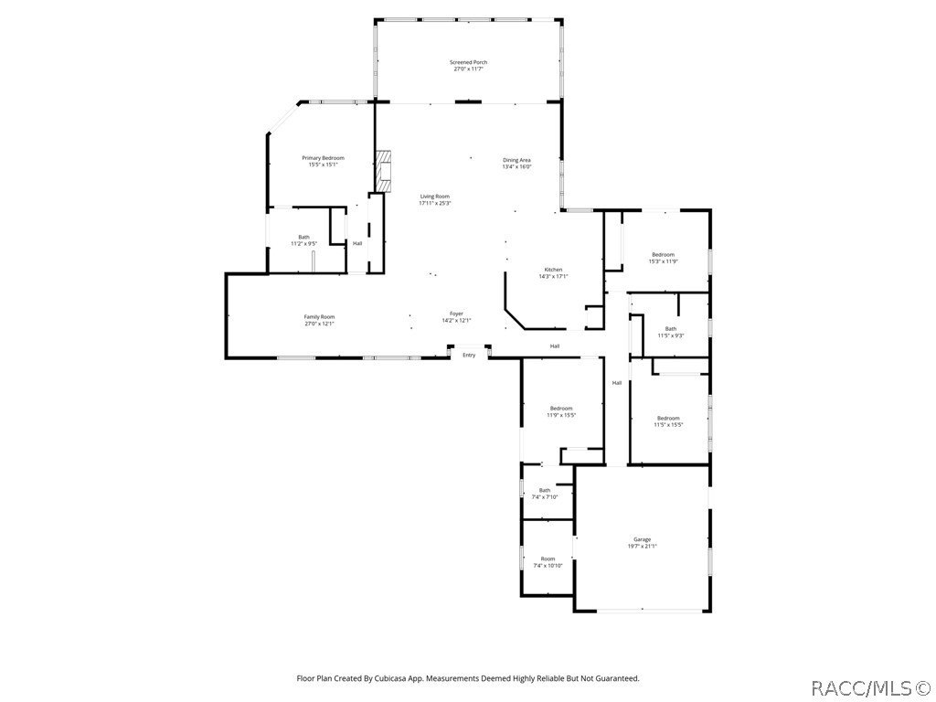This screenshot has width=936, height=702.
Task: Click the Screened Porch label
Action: coord(468,62)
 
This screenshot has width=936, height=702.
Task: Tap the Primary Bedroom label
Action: coord(323,158)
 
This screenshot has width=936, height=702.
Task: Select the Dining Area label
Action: coord(516,160)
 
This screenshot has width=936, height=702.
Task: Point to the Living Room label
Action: coord(434,197)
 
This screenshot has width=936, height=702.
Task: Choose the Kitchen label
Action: coord(554,270)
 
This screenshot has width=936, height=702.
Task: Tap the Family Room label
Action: coord(319,317)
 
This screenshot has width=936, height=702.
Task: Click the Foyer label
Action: coord(455,314)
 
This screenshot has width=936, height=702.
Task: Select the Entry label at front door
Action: coord(469,355)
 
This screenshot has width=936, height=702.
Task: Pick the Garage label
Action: coord(642,539)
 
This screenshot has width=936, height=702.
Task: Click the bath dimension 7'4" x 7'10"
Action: coord(545,496)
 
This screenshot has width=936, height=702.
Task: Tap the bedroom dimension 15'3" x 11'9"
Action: coord(663,261)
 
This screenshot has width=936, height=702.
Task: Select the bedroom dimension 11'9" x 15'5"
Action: coord(561,415)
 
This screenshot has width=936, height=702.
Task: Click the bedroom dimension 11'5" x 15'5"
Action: coord(668,424)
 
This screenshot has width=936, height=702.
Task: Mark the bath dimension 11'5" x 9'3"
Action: coord(670,335)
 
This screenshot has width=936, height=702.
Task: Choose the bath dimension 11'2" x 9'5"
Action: coord(303,244)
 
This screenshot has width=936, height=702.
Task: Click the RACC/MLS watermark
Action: coord(871,685)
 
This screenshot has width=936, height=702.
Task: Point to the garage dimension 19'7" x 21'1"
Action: coord(642,546)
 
